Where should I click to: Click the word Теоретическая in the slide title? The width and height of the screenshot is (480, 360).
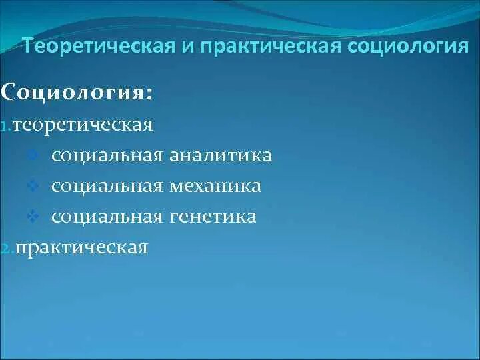97,47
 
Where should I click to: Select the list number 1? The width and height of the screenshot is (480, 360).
5,126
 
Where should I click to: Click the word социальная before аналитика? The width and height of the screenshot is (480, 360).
107,155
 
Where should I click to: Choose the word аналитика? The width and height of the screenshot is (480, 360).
220,155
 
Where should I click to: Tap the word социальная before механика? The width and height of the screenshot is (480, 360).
107,186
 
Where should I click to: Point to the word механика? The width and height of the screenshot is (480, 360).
215,186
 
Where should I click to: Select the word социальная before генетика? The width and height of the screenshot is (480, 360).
107,217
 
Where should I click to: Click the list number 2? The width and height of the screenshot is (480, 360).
6,249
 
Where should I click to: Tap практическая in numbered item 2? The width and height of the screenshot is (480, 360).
81,248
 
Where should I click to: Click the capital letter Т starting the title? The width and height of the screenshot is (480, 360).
29,47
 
